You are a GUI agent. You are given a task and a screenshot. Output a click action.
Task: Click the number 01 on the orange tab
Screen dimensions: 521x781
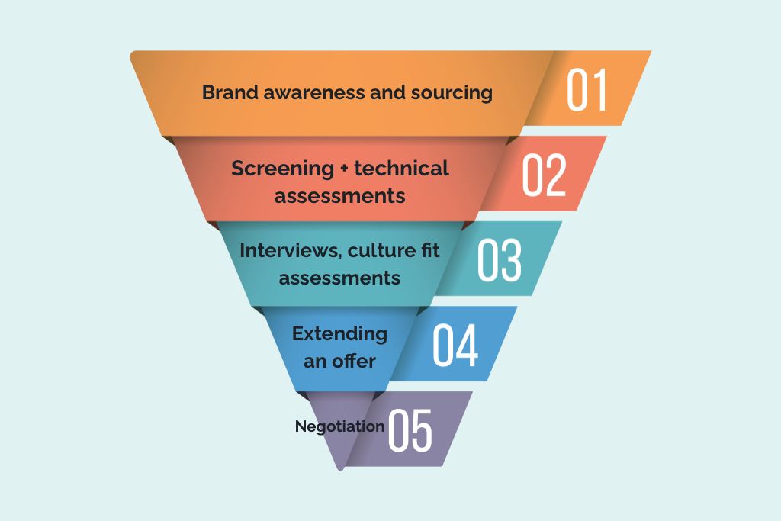587,91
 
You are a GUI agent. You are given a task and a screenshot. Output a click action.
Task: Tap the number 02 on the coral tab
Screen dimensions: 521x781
544,175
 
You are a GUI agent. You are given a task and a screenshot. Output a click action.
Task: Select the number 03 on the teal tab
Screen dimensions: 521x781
500,261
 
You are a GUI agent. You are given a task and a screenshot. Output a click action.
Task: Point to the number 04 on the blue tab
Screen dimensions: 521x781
455,346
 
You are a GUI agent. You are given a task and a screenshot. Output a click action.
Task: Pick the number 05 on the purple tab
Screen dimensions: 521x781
410,430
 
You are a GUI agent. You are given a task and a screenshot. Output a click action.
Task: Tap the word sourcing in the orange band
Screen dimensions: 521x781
452,93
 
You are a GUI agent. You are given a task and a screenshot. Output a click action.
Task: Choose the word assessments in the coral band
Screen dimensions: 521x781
339,195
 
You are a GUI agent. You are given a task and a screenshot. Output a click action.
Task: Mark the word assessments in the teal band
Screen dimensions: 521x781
339,278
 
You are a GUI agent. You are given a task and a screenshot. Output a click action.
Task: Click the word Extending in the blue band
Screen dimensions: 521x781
339,334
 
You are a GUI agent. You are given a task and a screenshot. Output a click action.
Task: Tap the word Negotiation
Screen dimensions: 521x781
339,426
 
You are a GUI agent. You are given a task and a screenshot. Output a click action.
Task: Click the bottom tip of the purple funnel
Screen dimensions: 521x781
340,467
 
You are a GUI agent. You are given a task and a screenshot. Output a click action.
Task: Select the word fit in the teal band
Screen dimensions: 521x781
431,250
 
